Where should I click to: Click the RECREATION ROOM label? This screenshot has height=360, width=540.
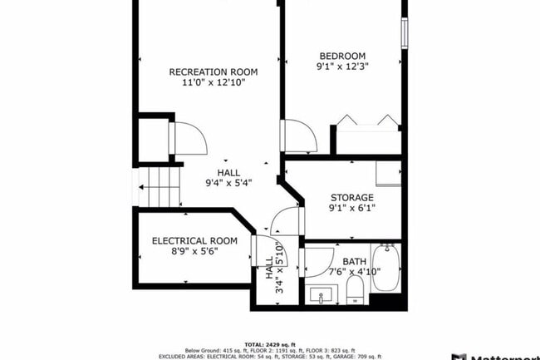point(207,72)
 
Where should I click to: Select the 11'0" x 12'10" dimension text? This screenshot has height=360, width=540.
point(207,83)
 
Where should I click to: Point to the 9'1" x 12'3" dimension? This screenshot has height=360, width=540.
point(341,67)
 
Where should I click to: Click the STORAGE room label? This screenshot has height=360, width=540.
point(352,197)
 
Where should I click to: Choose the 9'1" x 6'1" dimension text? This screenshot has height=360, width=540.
point(352,208)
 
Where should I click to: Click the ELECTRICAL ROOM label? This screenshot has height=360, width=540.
point(194,241)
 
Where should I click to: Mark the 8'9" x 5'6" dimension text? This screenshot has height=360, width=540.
point(194,252)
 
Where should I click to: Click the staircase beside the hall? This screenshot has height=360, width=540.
point(160,186)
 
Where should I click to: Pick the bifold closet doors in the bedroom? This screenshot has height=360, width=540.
point(366,121)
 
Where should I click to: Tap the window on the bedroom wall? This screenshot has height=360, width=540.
point(405,31)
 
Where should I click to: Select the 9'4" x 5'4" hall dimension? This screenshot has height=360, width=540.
point(228,183)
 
